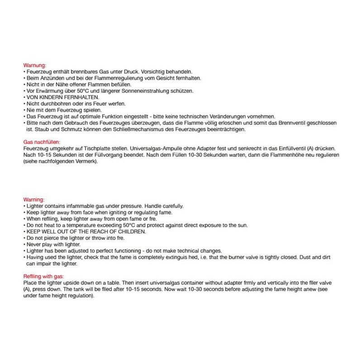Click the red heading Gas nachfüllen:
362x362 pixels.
point(38,142)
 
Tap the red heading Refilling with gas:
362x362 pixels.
point(43,276)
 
